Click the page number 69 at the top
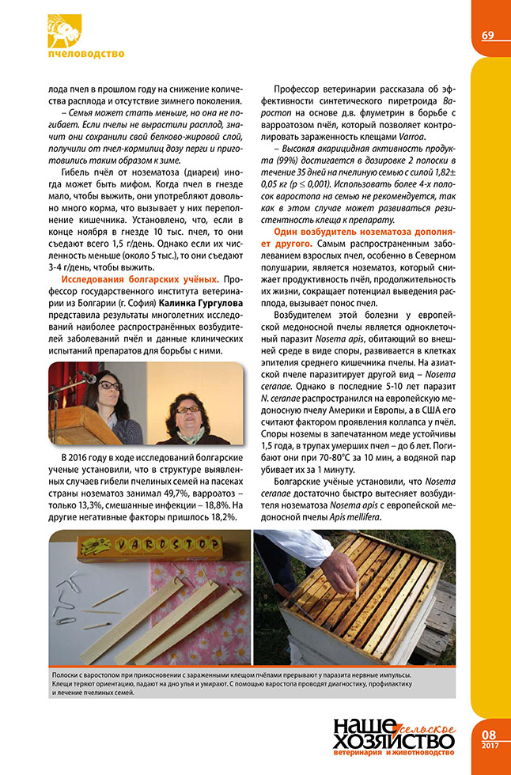[x=487, y=35]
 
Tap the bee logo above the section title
[x=65, y=30]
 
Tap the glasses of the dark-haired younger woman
[x=111, y=386]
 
